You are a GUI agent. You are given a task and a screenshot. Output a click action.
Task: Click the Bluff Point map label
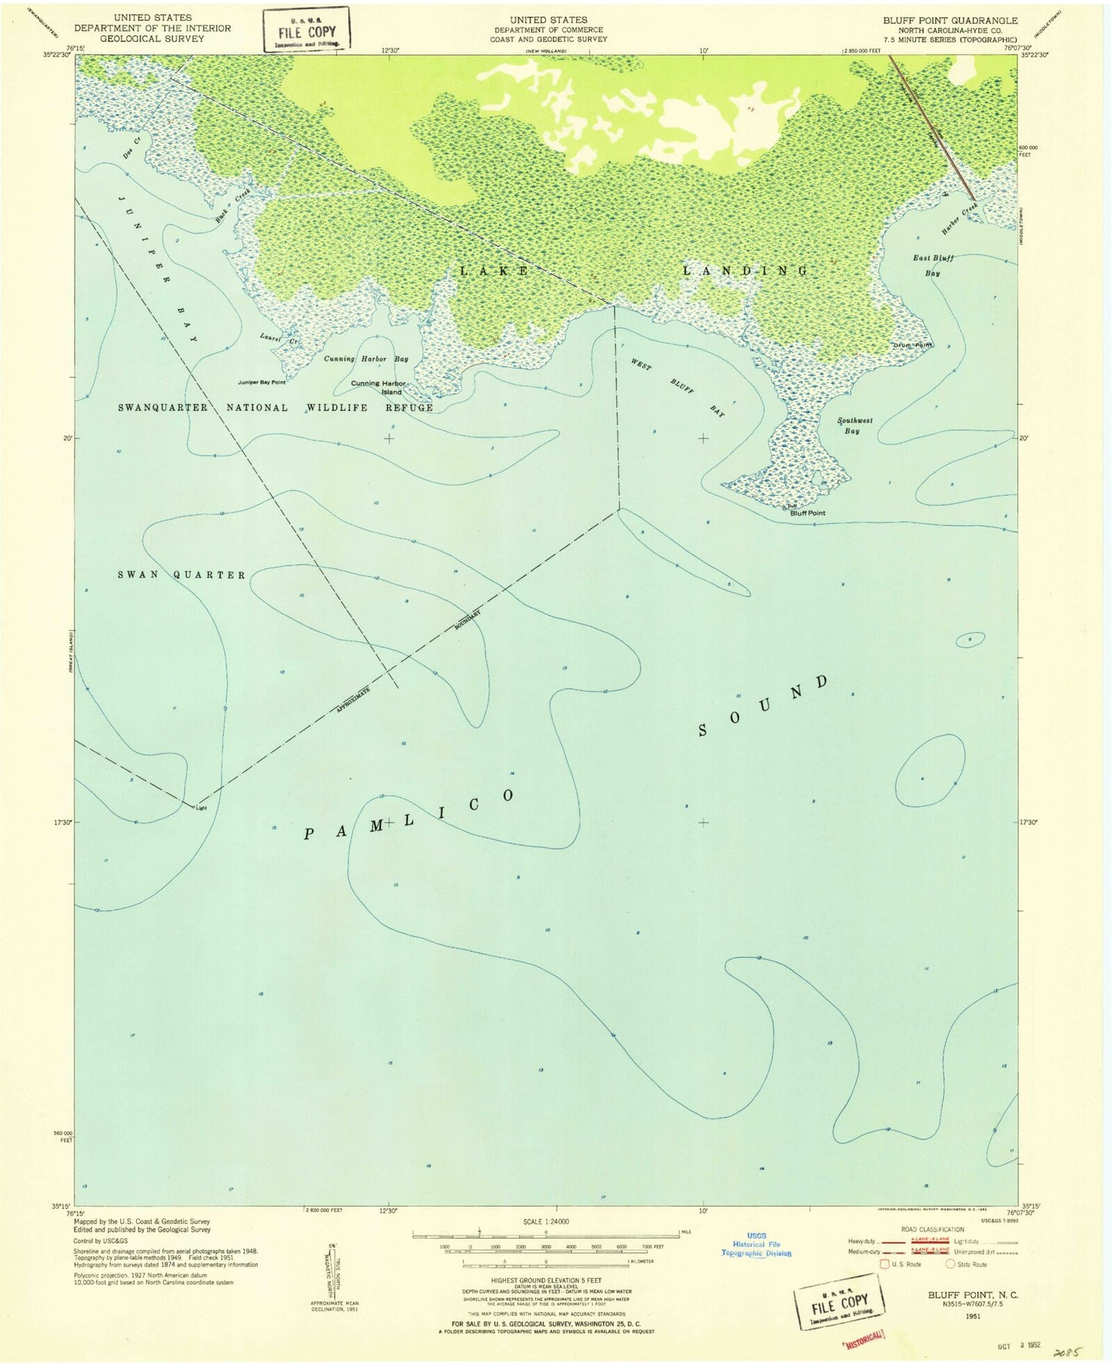(807, 513)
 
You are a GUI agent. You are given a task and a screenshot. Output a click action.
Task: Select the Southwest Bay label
(854, 426)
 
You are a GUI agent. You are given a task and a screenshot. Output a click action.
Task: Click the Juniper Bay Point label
(262, 382)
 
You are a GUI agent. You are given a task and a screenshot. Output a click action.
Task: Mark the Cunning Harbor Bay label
(366, 359)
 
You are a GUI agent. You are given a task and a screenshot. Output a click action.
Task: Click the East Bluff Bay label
(933, 266)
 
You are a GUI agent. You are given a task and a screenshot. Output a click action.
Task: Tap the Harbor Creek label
(960, 219)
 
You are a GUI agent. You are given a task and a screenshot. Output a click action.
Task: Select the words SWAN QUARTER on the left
(182, 575)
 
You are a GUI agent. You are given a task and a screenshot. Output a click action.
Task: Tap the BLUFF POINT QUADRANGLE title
(950, 21)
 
